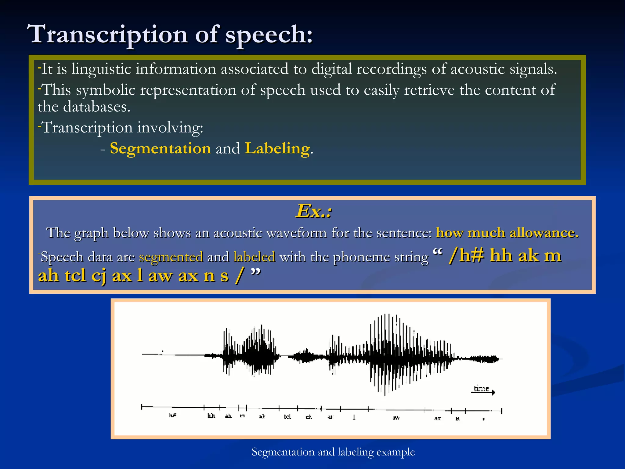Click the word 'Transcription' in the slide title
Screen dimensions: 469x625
[x=107, y=34]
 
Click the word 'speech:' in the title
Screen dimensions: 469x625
[x=269, y=34]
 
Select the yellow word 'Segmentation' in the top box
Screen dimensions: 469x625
[x=160, y=148]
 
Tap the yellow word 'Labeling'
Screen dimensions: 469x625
[x=277, y=148]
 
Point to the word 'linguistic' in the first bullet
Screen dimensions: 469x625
[x=101, y=69]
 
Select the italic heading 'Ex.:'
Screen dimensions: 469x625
[x=313, y=211]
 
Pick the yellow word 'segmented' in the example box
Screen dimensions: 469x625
[x=171, y=257]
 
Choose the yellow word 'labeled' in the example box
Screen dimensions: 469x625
[x=254, y=257]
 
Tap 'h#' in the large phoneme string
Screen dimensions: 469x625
[x=471, y=255]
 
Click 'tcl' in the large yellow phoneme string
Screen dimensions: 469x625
[x=75, y=275]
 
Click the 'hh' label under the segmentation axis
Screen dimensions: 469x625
[x=211, y=416]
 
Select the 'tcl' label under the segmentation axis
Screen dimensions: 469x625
[x=287, y=417]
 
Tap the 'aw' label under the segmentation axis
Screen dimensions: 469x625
[x=396, y=418]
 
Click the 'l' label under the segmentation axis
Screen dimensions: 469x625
[x=354, y=417]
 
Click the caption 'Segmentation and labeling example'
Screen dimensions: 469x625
[x=333, y=452]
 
